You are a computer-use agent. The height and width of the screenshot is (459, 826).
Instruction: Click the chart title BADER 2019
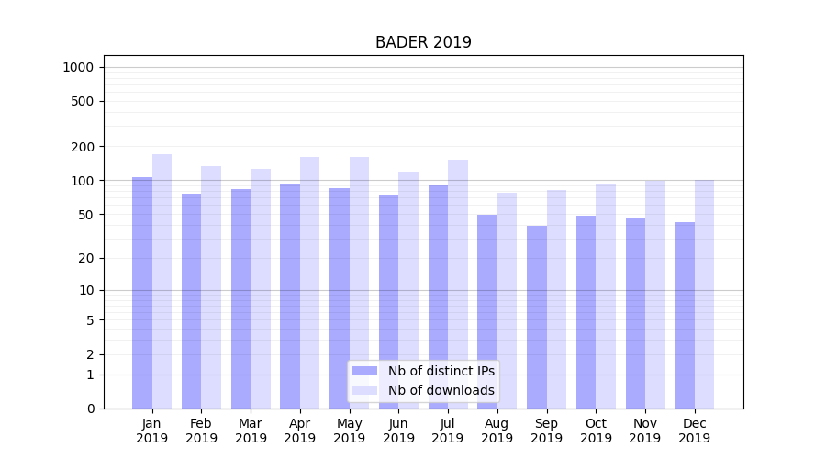coord(423,42)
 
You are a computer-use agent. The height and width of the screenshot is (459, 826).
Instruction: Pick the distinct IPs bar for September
coord(537,317)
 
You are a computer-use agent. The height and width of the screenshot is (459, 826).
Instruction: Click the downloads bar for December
coord(704,294)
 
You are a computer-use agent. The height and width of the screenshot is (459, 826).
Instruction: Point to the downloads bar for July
coord(457,284)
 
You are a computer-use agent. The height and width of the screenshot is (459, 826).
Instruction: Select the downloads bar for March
coord(261,288)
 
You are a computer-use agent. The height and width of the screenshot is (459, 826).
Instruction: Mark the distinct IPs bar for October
coord(586,312)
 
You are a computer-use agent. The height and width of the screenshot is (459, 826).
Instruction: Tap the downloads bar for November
coord(655,294)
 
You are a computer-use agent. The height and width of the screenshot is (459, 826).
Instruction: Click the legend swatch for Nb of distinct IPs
coord(365,371)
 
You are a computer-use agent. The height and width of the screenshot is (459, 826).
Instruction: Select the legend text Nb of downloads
coord(441,390)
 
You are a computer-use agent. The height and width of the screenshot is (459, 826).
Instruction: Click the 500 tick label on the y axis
coord(83,101)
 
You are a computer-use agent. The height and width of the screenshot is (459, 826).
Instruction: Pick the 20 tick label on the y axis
coord(86,258)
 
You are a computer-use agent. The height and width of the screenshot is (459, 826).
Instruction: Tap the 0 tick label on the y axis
coord(90,409)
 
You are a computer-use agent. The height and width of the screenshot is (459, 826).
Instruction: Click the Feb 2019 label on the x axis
coord(201,431)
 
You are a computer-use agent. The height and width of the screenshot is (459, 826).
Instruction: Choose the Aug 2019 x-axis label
coord(497,431)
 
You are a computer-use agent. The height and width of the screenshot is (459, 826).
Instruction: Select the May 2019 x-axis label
coord(349,431)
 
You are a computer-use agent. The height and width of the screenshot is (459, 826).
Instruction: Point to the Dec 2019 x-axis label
coord(694,431)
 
